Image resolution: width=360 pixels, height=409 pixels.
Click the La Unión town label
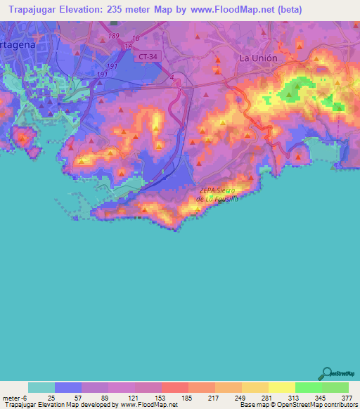(x=259, y=58)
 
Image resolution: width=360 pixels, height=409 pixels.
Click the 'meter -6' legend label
(x=15, y=398)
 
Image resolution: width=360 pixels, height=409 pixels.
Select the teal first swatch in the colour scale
(x=41, y=387)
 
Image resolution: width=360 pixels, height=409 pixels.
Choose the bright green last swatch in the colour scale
(x=335, y=387)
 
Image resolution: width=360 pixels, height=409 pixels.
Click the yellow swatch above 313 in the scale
(x=282, y=387)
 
